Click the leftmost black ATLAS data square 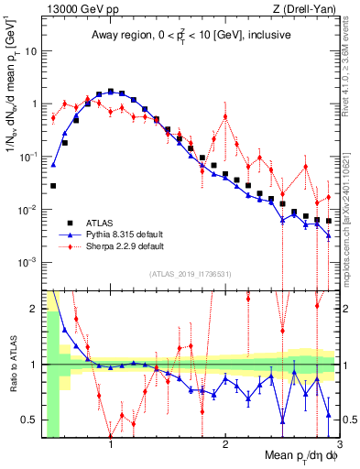(x=53, y=186)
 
